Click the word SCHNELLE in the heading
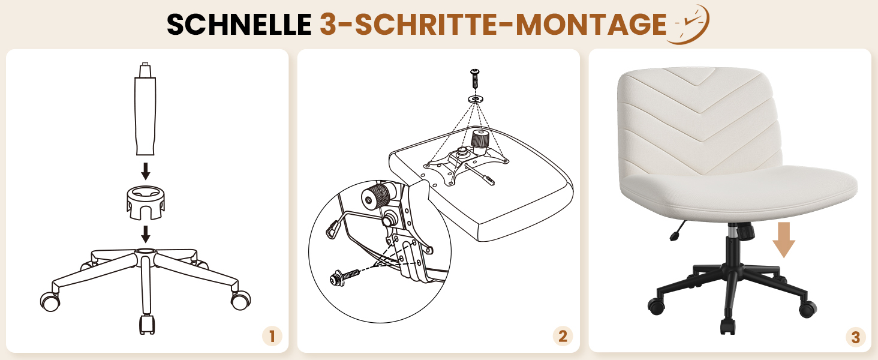click(x=239, y=25)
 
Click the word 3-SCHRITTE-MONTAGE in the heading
click(x=493, y=25)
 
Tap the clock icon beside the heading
click(x=688, y=25)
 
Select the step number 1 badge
click(x=272, y=336)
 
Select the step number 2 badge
click(x=563, y=336)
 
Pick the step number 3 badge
click(x=855, y=337)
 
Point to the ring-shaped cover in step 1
click(x=145, y=203)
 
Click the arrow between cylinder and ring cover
click(x=145, y=172)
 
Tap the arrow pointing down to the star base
click(x=145, y=234)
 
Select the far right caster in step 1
click(x=240, y=300)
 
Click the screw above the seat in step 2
click(x=475, y=79)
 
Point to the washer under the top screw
click(x=476, y=98)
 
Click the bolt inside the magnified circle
click(x=345, y=277)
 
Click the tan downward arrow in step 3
click(x=783, y=240)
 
